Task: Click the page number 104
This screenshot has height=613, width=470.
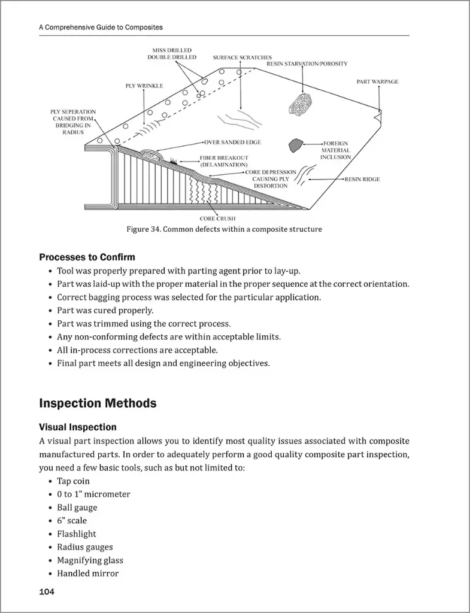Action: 47,592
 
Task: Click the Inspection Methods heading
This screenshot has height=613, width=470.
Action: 98,403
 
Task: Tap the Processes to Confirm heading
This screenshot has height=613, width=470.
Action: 87,257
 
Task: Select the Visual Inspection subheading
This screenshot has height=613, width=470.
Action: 77,427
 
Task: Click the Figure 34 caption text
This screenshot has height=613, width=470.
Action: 224,229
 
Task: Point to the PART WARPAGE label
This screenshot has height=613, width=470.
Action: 377,81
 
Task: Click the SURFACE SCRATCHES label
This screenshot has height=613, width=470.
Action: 242,57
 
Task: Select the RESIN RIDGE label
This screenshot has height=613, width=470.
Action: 362,179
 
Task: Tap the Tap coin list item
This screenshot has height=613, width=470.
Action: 73,481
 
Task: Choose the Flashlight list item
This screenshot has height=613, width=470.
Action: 76,533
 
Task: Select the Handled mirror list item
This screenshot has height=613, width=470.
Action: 87,573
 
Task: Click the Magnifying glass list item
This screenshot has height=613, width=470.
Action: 90,560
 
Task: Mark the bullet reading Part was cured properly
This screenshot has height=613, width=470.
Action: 105,310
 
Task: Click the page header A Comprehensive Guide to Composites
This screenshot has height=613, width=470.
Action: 101,28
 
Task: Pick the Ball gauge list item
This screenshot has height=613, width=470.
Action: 77,507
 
